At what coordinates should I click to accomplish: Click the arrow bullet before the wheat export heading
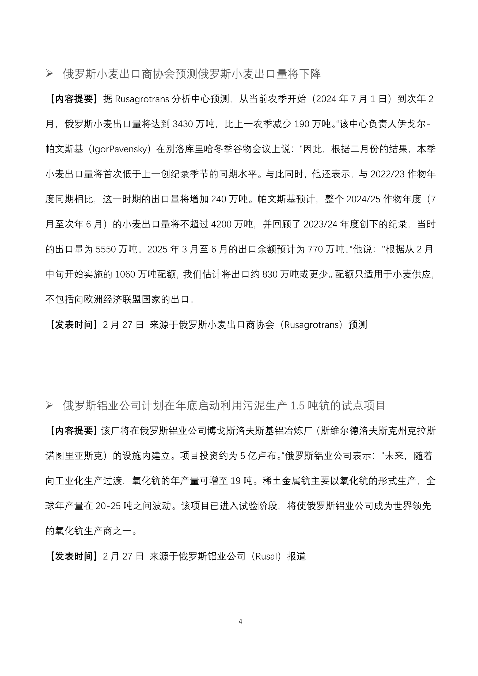pyautogui.click(x=49, y=74)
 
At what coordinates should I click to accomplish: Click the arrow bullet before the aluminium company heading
pyautogui.click(x=49, y=406)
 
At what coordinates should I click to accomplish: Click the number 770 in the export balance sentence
pyautogui.click(x=316, y=249)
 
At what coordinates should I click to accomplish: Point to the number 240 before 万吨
pyautogui.click(x=219, y=199)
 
